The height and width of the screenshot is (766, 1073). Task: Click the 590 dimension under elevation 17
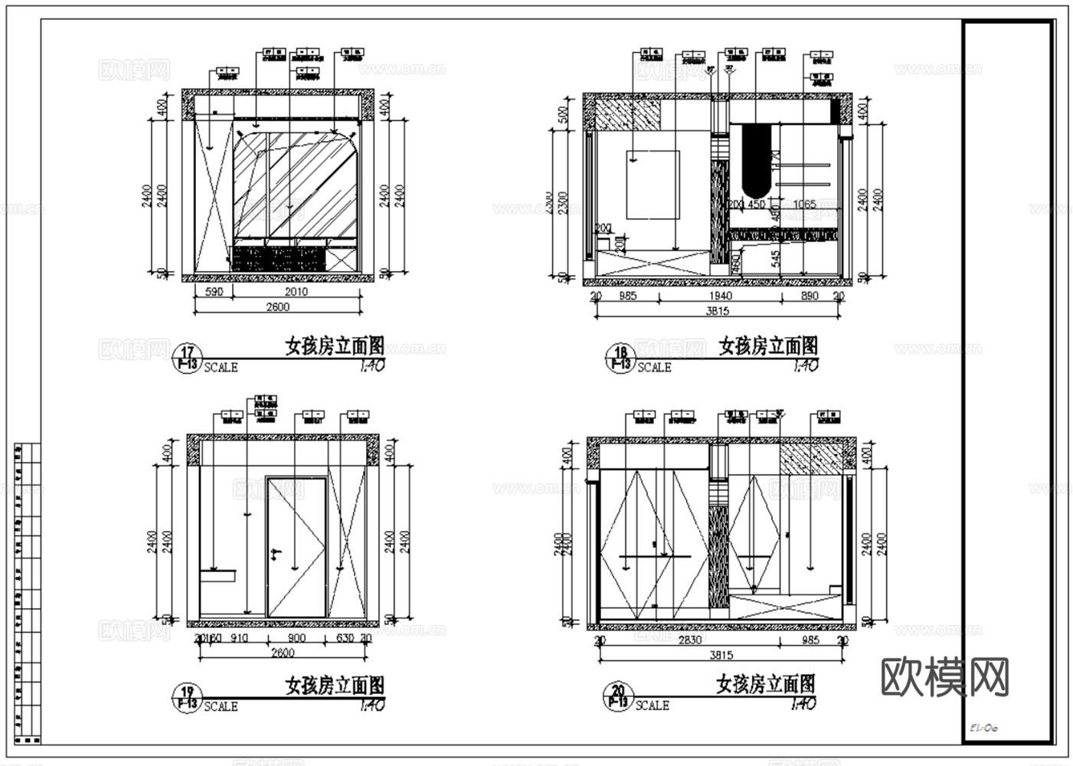coord(214,292)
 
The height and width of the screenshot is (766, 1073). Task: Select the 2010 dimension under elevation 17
coord(296,292)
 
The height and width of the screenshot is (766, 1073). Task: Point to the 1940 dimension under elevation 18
coord(720,296)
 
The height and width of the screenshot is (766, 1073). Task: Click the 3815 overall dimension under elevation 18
coord(718,311)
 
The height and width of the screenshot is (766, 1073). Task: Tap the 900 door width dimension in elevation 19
coord(296,638)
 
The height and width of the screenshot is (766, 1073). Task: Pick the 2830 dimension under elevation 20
coord(690,640)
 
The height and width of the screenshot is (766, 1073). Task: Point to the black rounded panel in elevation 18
coord(756,161)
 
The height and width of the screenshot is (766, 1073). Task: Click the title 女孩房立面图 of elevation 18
coord(768,346)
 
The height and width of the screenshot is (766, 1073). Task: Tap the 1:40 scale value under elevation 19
coord(371,705)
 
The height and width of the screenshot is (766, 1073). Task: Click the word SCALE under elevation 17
coord(221,368)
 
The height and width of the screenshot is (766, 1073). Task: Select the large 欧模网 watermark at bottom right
coord(945,676)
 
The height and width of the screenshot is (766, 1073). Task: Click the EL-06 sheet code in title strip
coord(983,728)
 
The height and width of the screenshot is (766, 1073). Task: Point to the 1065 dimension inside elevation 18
coord(804,205)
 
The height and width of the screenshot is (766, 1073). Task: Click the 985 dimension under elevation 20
coord(810,640)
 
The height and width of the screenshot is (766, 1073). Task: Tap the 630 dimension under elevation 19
coord(345,638)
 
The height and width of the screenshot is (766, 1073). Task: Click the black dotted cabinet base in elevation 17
coord(279,259)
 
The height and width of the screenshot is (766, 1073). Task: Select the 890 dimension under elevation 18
coord(810,296)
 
